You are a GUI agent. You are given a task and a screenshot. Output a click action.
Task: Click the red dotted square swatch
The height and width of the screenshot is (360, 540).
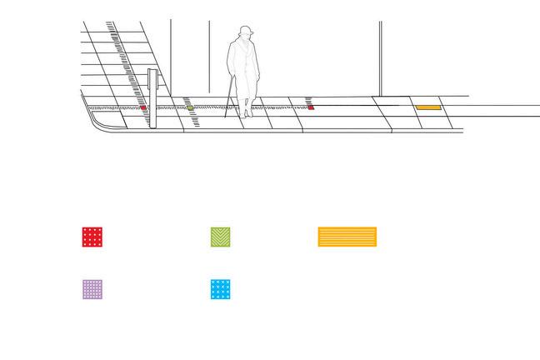[93, 237]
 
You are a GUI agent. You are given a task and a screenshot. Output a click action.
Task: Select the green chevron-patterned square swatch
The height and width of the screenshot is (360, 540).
[220, 237]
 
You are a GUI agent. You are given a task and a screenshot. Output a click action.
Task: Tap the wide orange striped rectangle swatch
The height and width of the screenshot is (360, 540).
[347, 237]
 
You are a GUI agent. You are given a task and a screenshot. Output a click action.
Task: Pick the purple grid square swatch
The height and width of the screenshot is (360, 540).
[92, 289]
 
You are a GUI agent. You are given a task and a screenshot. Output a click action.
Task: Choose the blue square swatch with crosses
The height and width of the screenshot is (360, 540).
[221, 289]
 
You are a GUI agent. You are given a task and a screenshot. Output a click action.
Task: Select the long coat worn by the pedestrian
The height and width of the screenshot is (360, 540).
[244, 71]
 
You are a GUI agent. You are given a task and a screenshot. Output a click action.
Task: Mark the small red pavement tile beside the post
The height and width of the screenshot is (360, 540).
[143, 107]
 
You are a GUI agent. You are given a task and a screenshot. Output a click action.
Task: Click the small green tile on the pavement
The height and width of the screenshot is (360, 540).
[190, 107]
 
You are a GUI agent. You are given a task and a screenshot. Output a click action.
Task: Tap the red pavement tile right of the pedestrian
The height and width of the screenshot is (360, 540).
[310, 107]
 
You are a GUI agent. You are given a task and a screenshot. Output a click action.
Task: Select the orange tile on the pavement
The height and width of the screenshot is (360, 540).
[427, 107]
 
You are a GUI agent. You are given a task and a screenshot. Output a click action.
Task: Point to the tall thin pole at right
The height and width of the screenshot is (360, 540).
[381, 58]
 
